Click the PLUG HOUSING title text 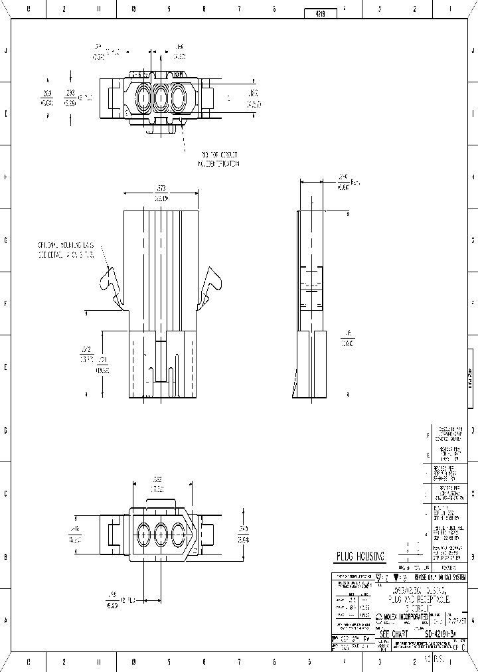click(x=360, y=556)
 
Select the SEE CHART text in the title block click(x=396, y=635)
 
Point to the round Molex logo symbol click(x=378, y=617)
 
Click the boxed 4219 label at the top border click(x=319, y=13)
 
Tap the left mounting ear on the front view click(x=110, y=283)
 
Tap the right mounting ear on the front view click(x=214, y=283)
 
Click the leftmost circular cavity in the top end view click(x=143, y=100)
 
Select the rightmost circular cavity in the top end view click(x=178, y=100)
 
